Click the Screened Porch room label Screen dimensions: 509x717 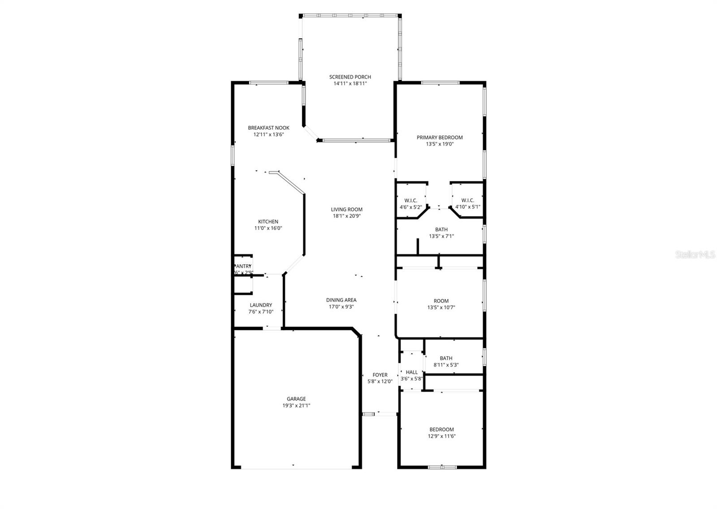tap(350, 77)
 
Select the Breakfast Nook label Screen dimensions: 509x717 tap(268, 128)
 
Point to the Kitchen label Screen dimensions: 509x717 tap(268, 222)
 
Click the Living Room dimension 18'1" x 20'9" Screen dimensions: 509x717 tap(346, 216)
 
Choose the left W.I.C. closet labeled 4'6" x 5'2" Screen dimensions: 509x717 tap(410, 204)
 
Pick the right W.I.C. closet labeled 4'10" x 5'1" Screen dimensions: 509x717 tap(467, 204)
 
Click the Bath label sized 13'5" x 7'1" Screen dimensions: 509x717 tap(441, 229)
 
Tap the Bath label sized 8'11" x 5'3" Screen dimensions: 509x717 tap(446, 358)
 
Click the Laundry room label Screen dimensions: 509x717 tap(261, 305)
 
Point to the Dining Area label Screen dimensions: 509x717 tap(341, 300)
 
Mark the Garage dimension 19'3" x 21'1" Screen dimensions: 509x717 tap(296, 405)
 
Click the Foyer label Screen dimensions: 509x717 tap(380, 375)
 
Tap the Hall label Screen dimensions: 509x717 tap(411, 372)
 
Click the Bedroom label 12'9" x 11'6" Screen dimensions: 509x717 tap(441, 429)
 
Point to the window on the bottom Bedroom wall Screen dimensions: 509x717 tap(442, 467)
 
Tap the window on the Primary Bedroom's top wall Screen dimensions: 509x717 tap(440, 82)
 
